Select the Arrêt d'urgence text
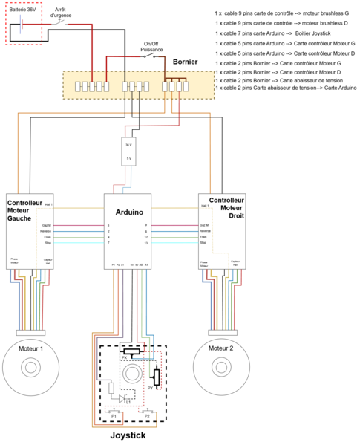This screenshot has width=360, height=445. pos(62,11)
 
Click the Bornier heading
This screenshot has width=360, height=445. pos(186,62)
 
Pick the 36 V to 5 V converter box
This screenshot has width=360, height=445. pos(128,152)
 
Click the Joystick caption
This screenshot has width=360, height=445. pos(128,435)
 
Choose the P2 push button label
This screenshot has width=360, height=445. pos(147,416)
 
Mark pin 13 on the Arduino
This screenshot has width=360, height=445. pos(146,243)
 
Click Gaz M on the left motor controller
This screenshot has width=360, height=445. pos(46,224)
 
